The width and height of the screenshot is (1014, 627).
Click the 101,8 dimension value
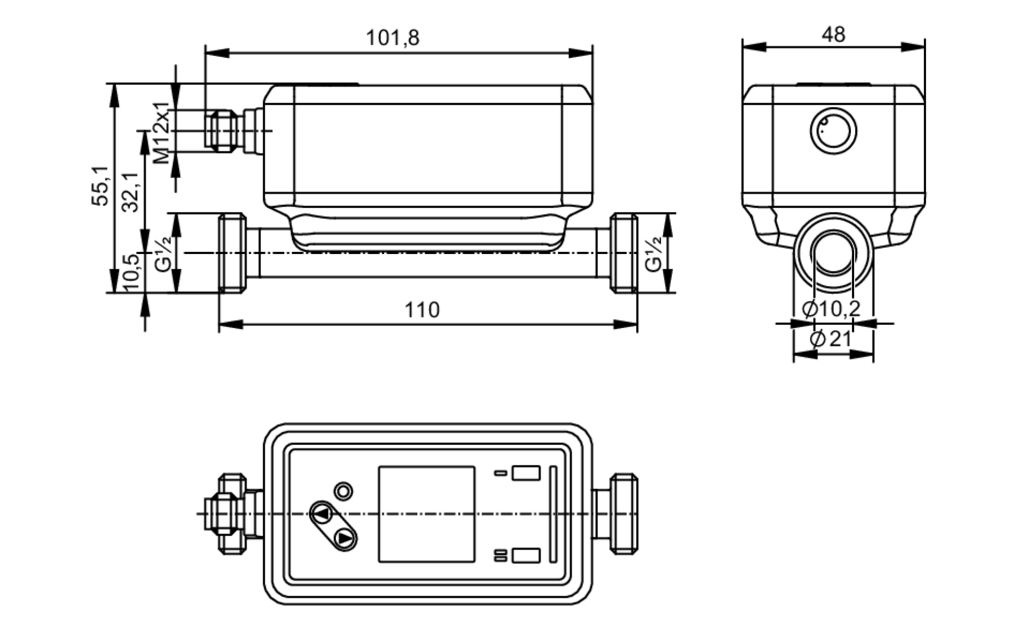392,38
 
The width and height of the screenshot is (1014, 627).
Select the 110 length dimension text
422,310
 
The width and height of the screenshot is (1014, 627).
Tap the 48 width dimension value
834,35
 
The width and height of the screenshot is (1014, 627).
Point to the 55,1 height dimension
100,185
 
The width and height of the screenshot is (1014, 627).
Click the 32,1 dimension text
131,192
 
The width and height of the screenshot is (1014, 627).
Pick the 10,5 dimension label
131,272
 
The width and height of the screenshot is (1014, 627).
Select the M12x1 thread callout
162,133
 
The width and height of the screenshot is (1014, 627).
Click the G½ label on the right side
654,254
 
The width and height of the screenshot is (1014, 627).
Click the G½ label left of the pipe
163,254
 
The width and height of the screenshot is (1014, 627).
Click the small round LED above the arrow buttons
344,491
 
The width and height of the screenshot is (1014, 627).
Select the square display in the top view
426,514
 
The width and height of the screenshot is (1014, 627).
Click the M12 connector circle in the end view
834,131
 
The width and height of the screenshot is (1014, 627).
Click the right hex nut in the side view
624,253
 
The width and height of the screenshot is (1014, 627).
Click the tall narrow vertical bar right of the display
553,514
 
